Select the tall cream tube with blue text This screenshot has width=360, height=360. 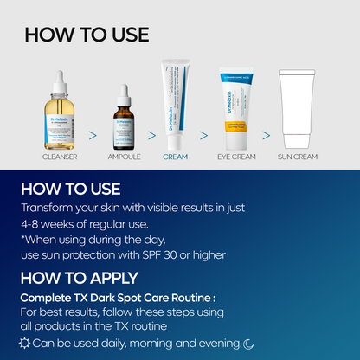175,106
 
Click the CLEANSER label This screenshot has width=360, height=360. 60,158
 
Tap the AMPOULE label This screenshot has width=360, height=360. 123,158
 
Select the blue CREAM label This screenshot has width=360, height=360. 175,158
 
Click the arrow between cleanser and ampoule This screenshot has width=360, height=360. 93,136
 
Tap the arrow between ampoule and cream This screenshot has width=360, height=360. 149,136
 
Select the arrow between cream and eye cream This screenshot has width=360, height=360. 204,136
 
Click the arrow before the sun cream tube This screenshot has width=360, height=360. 267,136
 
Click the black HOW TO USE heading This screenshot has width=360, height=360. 87,35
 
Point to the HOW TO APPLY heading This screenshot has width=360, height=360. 79,278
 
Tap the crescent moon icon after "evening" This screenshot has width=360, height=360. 247,344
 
